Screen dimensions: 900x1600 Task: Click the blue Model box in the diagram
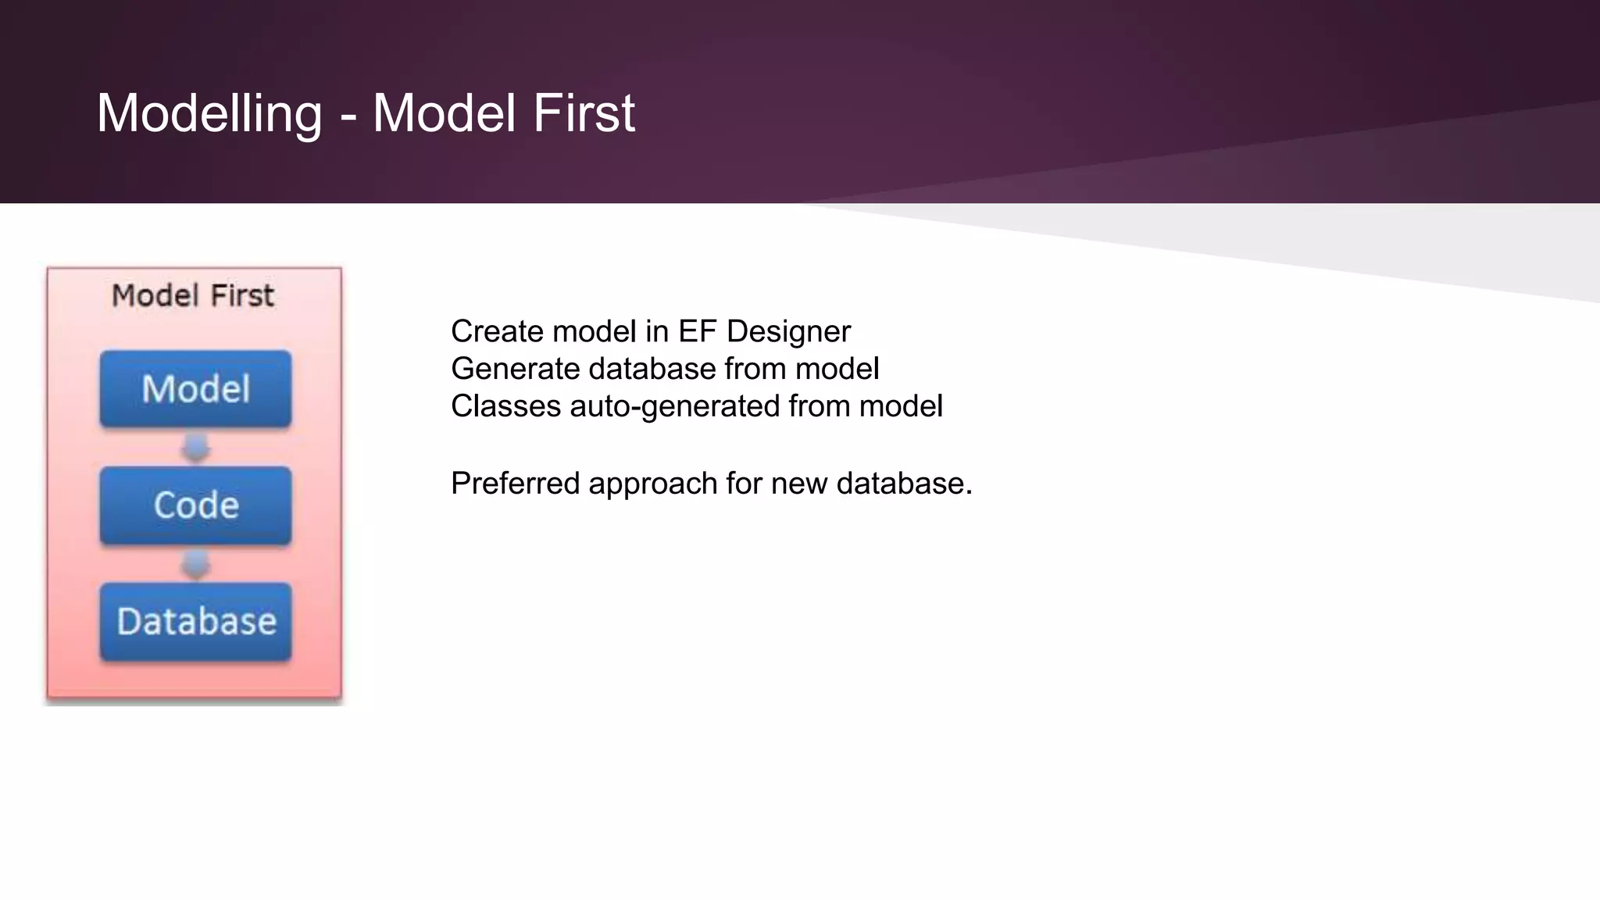click(195, 389)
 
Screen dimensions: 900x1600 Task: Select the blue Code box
click(195, 505)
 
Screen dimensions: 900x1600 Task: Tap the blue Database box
click(195, 622)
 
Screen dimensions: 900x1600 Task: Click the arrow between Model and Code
click(195, 448)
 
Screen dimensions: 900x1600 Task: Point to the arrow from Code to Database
click(195, 564)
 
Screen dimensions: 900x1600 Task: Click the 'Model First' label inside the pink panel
click(193, 296)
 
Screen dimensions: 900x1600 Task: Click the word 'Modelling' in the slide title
click(209, 113)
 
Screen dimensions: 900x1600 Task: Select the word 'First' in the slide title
click(584, 113)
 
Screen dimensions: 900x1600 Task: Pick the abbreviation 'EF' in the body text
click(697, 332)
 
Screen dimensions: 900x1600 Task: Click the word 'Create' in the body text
click(496, 332)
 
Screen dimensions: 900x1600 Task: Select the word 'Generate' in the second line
click(515, 369)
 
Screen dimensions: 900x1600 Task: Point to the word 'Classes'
click(505, 406)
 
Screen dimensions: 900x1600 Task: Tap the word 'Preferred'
click(515, 484)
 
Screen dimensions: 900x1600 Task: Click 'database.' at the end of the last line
click(904, 484)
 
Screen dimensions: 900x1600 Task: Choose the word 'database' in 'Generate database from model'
click(652, 369)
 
